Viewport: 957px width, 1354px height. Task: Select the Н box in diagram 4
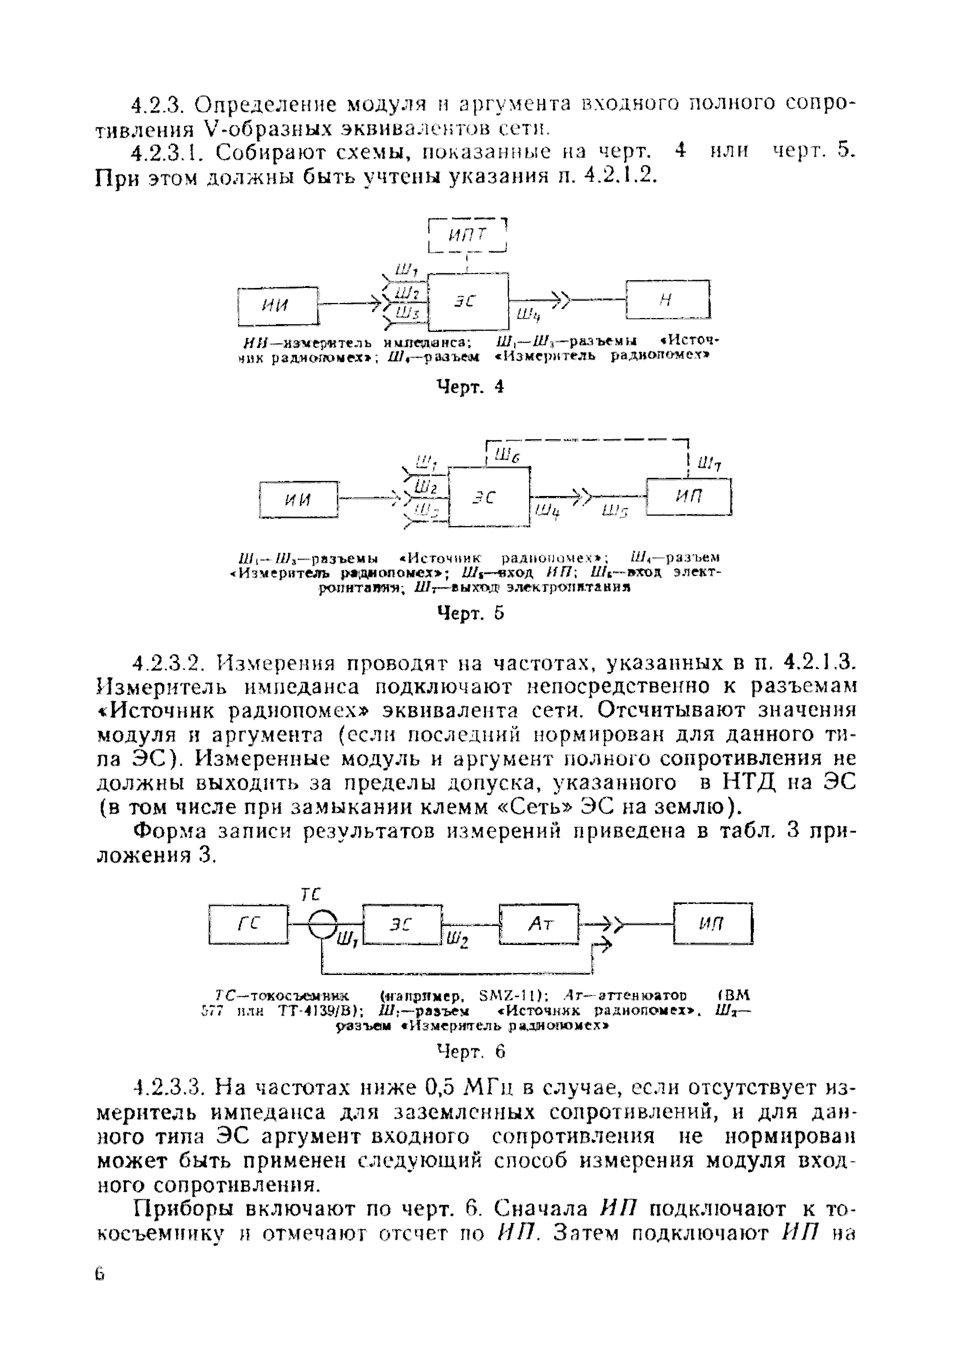[x=668, y=300]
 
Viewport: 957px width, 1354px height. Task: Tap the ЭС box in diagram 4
[x=468, y=301]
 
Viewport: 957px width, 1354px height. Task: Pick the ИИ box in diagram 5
[x=299, y=499]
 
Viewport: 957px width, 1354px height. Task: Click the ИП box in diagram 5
[x=689, y=496]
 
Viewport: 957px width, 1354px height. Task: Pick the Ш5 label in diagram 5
[x=615, y=513]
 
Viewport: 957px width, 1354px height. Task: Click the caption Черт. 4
[x=470, y=387]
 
